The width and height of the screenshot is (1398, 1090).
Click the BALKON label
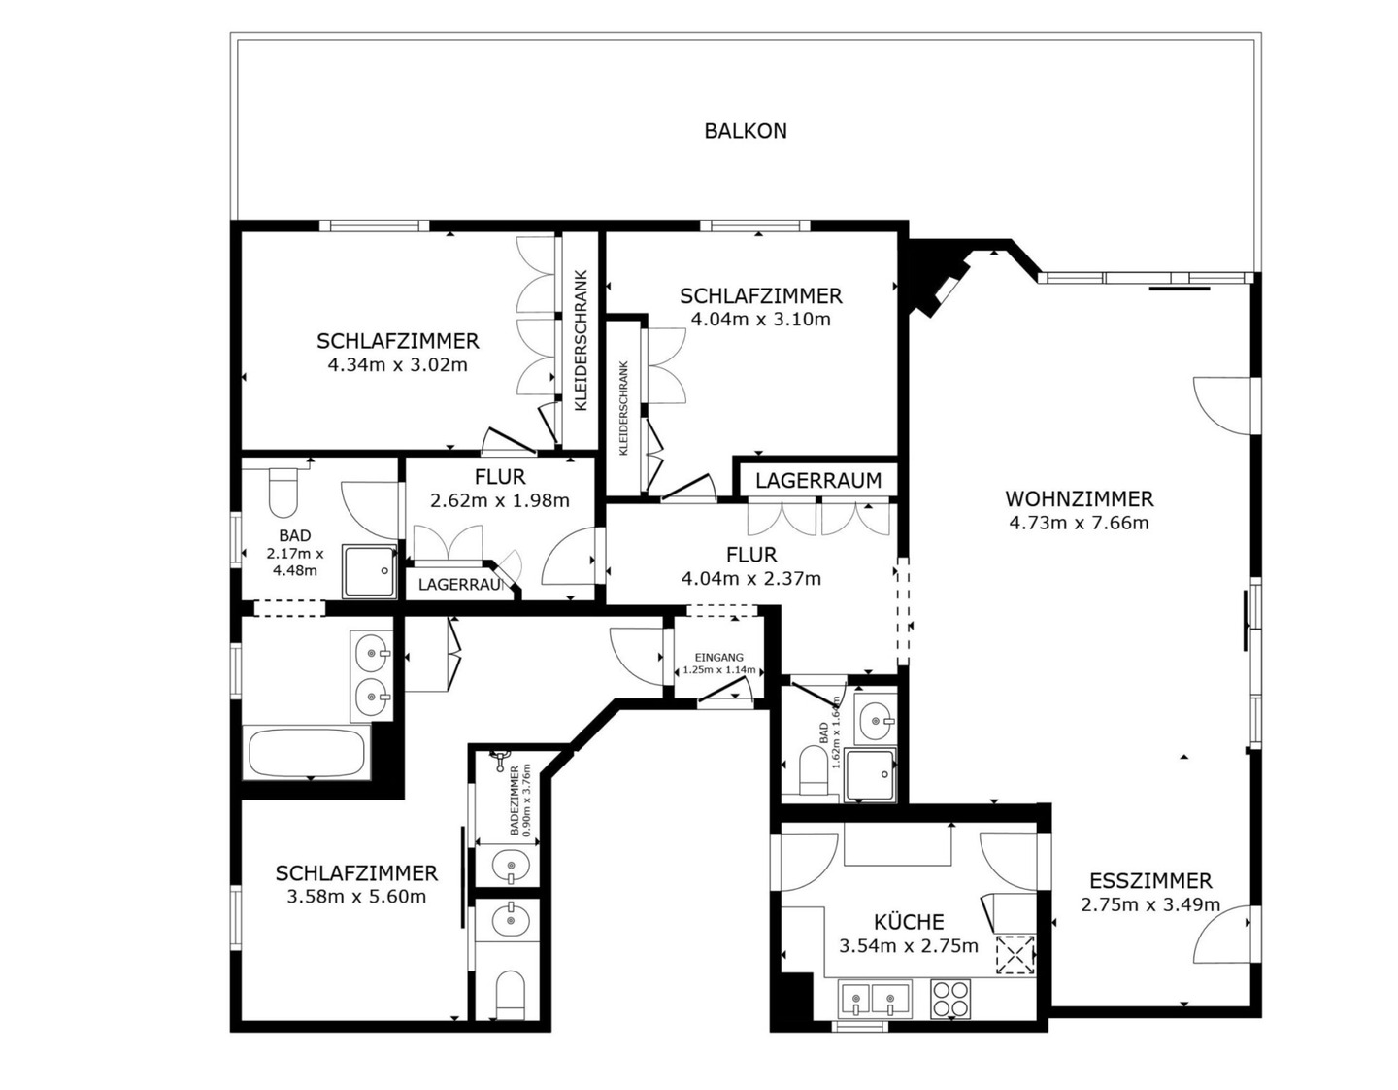pos(745,131)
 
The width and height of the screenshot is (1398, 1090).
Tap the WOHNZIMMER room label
pos(1079,499)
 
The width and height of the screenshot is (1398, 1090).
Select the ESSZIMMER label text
pos(1150,880)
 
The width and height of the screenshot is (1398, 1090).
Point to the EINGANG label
pos(718,658)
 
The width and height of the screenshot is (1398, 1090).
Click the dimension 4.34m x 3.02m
pos(398,365)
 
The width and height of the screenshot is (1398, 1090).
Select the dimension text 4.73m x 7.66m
pos(1079,523)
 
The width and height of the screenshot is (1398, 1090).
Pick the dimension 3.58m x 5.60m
pos(356,897)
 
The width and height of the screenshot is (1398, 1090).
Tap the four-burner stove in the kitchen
pos(950,999)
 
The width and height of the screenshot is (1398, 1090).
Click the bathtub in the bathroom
pos(306,753)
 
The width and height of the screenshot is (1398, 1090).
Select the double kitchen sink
pos(875,999)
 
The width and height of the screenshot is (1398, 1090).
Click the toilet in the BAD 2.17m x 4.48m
pos(283,493)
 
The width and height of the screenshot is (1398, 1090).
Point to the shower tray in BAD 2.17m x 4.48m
pos(370,572)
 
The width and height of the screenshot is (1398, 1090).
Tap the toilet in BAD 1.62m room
pos(813,770)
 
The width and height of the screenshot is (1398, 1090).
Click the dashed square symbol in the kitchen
pos(1015,955)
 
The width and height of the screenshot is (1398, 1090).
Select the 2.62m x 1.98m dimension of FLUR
pos(500,500)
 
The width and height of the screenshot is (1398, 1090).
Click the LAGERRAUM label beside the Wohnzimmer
pos(818,481)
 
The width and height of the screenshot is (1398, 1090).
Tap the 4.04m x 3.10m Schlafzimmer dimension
pos(760,319)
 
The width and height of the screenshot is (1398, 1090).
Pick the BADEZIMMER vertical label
pos(514,800)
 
